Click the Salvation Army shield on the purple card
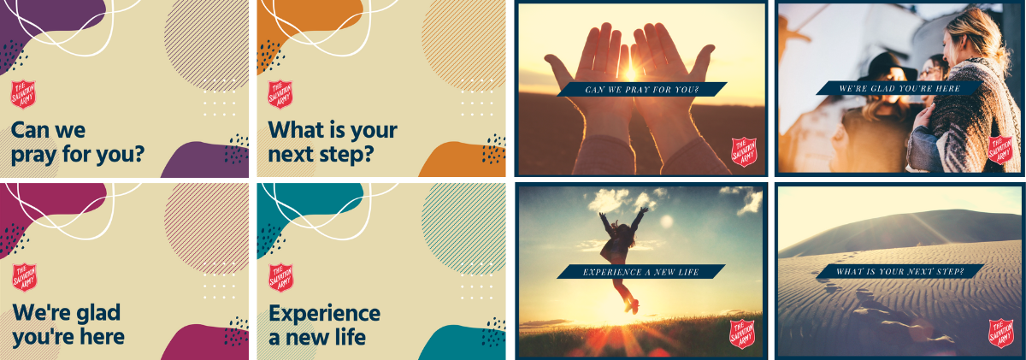coord(23,94)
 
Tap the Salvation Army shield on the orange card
coord(280,94)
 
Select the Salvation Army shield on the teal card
coord(280,278)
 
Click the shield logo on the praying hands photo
coord(744,151)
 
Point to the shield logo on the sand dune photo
coord(1001,333)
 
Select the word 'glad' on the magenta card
coord(98,313)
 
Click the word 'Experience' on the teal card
coord(324,314)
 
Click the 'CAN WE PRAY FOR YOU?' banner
coord(642,89)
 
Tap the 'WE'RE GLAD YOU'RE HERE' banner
coord(899,88)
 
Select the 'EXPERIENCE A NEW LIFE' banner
coord(640,272)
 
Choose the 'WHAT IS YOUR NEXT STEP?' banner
coord(899,272)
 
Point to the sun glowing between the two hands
coord(630,73)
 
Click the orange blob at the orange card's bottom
coord(463,159)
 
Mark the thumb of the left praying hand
coord(560,69)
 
